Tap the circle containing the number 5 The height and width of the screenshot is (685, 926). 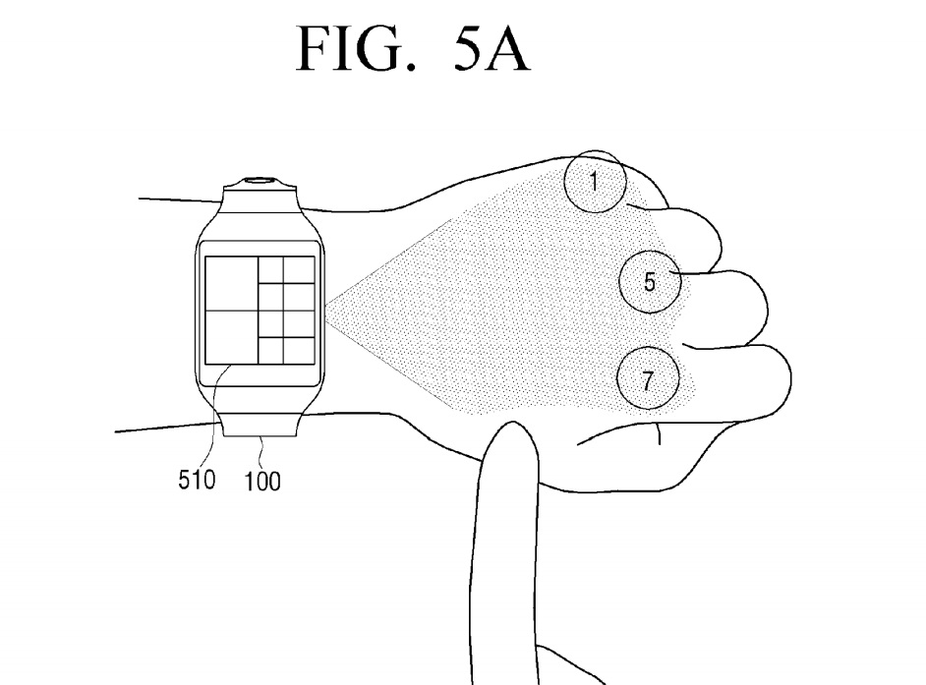pos(649,282)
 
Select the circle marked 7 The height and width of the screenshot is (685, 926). pos(647,381)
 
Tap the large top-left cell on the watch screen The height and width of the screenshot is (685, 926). pos(231,283)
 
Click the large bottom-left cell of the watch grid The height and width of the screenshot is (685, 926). pos(231,336)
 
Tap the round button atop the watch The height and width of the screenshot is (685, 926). pos(260,181)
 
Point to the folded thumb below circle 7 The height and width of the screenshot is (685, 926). pos(629,437)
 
